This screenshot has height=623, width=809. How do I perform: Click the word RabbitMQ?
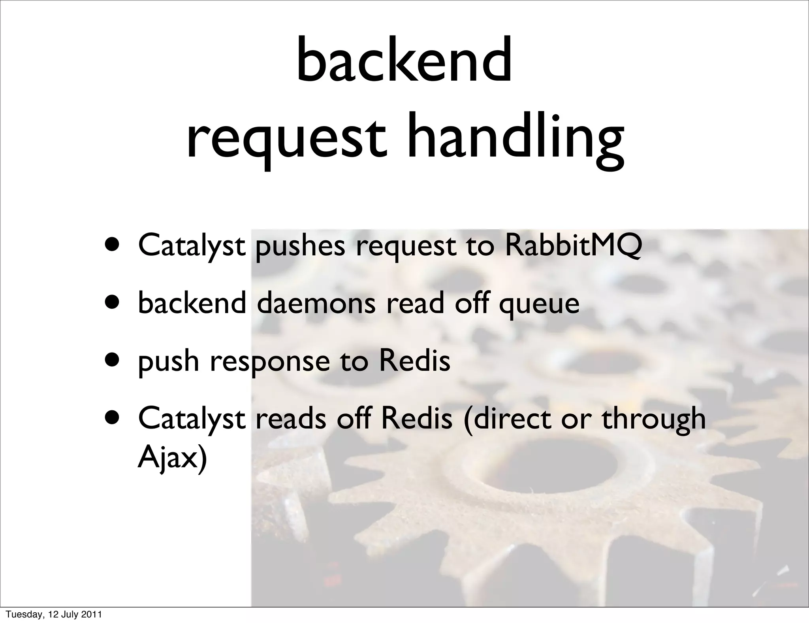(x=573, y=245)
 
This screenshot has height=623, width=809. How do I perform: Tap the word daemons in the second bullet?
(x=316, y=303)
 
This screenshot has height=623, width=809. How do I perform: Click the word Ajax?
(x=172, y=459)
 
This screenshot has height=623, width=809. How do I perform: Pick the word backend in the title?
(x=404, y=61)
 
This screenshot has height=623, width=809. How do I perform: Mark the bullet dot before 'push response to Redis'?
(x=113, y=361)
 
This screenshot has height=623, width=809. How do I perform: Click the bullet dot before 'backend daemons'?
(x=113, y=303)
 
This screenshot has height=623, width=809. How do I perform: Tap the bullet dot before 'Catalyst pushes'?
(x=113, y=245)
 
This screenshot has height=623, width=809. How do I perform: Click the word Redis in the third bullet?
(x=414, y=361)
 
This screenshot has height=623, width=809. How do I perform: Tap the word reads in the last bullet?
(x=291, y=419)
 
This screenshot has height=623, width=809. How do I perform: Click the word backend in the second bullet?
(x=192, y=303)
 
